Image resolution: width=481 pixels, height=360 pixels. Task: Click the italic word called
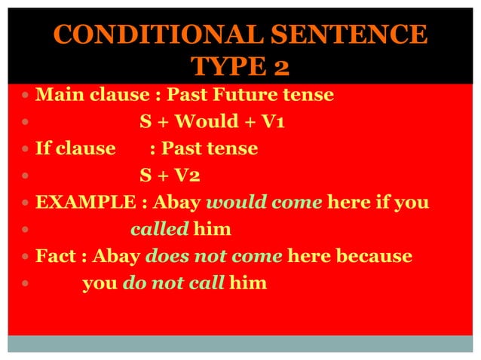click(x=158, y=229)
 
